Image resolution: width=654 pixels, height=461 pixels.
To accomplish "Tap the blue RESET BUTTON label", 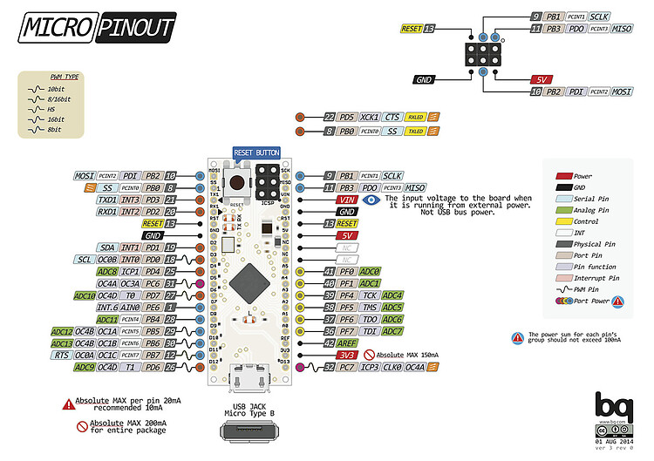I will pos(256,153).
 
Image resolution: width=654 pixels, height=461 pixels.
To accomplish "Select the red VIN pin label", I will pos(346,200).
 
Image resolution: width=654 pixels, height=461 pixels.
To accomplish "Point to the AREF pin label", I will pos(345,343).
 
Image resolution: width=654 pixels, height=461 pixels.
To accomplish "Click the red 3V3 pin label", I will pos(346,356).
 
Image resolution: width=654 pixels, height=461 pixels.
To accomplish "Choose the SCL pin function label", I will pos(83,260).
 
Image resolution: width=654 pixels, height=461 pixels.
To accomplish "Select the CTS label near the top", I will pos(392,117).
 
